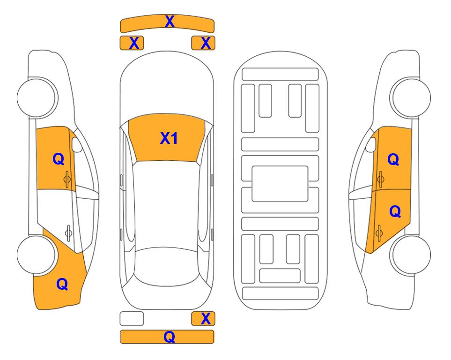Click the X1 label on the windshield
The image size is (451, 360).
(x=169, y=138)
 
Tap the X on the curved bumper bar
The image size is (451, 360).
(x=170, y=22)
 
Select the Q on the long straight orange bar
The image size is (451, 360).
(x=169, y=337)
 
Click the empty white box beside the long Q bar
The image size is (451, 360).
(x=132, y=319)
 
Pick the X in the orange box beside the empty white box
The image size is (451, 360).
(x=206, y=319)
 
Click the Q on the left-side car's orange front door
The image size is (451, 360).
(x=59, y=159)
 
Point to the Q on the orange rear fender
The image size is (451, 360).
(x=62, y=284)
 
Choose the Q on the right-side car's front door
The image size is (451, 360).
(x=393, y=159)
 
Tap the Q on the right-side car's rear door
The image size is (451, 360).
(x=395, y=212)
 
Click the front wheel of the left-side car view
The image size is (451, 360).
(x=37, y=97)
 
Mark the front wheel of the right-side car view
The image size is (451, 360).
(x=411, y=97)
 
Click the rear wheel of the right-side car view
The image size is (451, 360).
(x=411, y=255)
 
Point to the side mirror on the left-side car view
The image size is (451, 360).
(x=76, y=144)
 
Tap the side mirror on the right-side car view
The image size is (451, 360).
(x=371, y=144)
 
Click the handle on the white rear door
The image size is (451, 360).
(x=68, y=232)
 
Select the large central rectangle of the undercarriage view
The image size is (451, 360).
(x=280, y=184)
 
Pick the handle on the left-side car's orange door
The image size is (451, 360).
(x=67, y=179)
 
